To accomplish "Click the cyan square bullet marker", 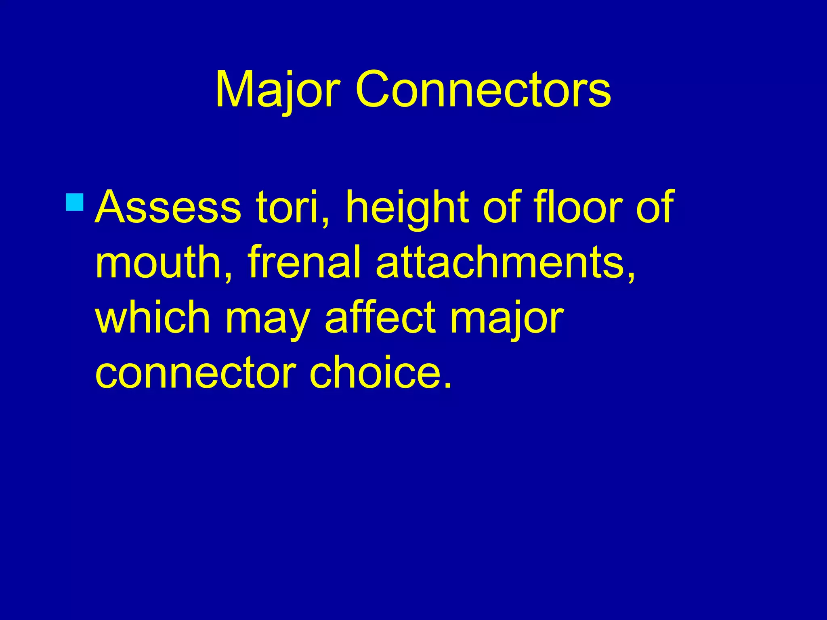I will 74,202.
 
